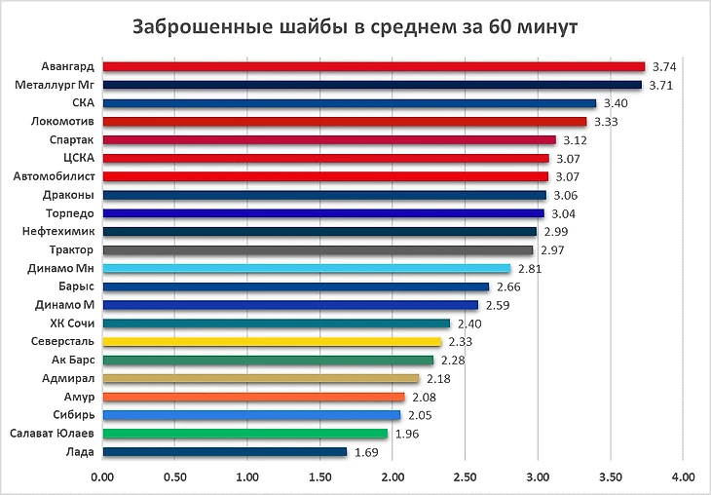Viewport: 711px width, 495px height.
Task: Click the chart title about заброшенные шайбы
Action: coord(355,26)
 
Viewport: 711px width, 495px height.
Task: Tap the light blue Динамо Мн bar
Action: coord(306,268)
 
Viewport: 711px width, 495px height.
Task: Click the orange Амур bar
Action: coord(252,397)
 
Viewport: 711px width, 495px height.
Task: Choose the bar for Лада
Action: coord(224,452)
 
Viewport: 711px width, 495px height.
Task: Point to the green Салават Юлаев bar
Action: coord(243,434)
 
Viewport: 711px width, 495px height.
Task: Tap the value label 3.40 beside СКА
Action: coord(616,103)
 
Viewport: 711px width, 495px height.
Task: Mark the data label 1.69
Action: coord(366,452)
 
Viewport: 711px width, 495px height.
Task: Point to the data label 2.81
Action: coord(529,268)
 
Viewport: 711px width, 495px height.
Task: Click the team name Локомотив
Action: coord(62,122)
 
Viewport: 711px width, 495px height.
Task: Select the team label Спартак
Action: coord(71,140)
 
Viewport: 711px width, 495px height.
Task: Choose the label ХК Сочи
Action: coord(72,324)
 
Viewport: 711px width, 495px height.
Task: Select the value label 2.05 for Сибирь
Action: coord(419,415)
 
